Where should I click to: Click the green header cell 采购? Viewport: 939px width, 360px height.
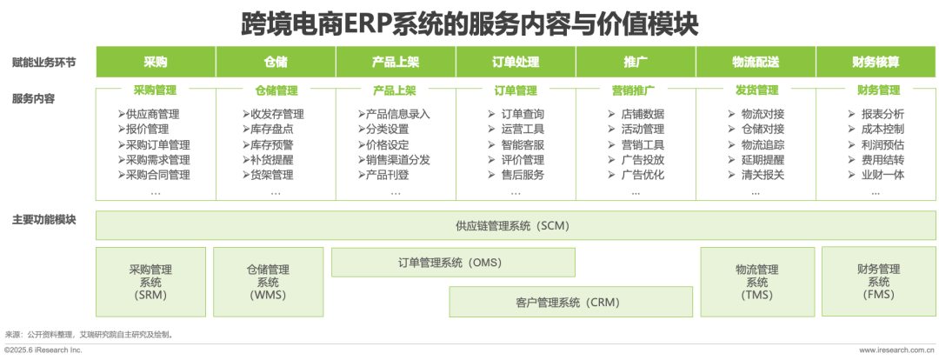click(x=156, y=62)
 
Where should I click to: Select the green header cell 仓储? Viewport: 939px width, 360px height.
click(x=276, y=62)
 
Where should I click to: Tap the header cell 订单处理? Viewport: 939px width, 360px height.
click(x=516, y=62)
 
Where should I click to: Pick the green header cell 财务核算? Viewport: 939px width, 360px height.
click(x=876, y=62)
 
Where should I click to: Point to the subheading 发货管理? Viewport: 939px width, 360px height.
click(x=757, y=91)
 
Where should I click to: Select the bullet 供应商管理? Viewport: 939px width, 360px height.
click(x=149, y=114)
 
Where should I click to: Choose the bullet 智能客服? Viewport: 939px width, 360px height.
click(x=516, y=145)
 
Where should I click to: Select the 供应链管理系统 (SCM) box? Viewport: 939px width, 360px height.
click(x=516, y=226)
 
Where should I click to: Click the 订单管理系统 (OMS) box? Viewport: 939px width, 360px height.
click(x=453, y=263)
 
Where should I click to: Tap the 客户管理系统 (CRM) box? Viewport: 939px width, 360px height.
click(x=570, y=302)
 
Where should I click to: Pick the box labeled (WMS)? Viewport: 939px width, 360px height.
click(x=268, y=282)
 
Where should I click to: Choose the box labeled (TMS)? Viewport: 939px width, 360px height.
click(x=757, y=282)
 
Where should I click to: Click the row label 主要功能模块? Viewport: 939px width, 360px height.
click(x=44, y=220)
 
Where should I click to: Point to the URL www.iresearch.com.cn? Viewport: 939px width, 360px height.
click(x=897, y=350)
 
